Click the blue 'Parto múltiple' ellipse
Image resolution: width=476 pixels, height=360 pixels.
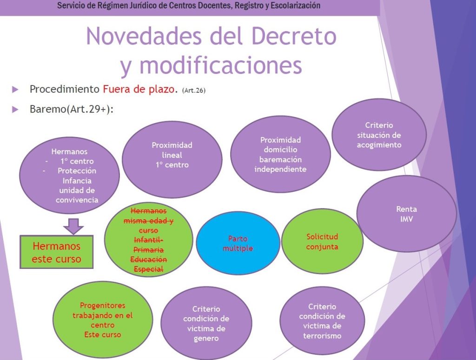[238, 243]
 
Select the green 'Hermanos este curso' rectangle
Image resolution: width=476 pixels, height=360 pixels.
[56, 252]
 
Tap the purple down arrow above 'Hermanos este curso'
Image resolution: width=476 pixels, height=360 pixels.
[73, 226]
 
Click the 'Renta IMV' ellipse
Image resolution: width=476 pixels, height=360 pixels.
[406, 214]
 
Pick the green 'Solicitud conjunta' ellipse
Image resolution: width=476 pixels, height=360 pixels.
[322, 241]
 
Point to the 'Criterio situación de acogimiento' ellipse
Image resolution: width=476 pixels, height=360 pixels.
[379, 135]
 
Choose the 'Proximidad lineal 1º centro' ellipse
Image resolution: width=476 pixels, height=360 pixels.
[172, 159]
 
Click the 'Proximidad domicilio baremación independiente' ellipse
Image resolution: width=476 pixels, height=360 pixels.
[280, 154]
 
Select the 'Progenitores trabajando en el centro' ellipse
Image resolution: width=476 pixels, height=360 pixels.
[103, 320]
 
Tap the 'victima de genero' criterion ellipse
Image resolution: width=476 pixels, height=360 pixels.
[206, 323]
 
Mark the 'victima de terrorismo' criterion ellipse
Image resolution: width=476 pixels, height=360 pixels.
[322, 321]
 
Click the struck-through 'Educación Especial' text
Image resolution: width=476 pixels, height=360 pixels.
[148, 264]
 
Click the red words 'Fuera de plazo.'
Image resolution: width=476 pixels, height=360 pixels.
[140, 89]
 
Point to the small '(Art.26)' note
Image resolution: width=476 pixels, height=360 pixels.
[194, 91]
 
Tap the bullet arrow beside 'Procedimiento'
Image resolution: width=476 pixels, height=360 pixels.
[15, 90]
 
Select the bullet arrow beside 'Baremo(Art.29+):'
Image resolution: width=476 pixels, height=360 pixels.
[15, 109]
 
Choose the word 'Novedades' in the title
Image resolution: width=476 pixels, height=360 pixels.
[144, 36]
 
